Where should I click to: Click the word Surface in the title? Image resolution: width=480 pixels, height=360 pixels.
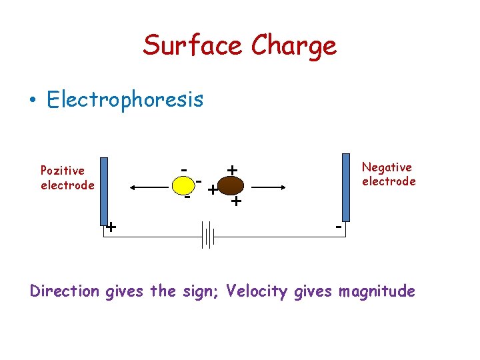click(193, 45)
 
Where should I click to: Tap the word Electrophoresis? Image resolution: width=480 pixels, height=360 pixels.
click(125, 100)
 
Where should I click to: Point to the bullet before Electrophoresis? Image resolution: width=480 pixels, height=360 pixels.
click(31, 101)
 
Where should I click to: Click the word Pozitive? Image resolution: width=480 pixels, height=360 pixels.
click(63, 171)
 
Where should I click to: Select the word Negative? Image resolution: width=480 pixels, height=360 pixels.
click(387, 167)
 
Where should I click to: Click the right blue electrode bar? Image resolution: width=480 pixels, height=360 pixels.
click(345, 187)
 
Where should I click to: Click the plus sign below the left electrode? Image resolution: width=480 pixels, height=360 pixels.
click(111, 227)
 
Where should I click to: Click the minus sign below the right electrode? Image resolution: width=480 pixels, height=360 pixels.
click(339, 227)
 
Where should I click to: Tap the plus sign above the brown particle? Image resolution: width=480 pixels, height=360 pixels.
click(231, 171)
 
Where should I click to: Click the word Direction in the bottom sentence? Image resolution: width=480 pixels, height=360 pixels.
click(65, 291)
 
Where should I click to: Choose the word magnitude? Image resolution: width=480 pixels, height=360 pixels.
click(377, 292)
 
